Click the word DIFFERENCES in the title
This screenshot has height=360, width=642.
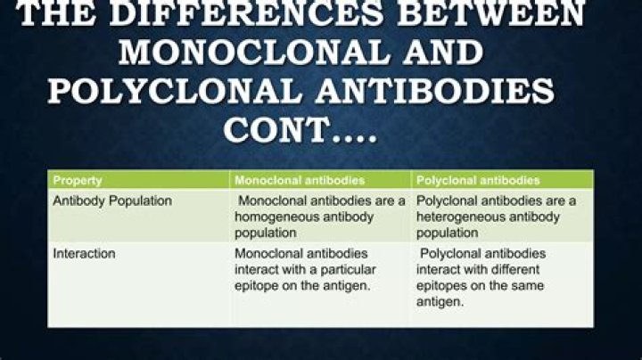[x=247, y=14]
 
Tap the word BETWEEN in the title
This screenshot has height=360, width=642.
[x=491, y=14]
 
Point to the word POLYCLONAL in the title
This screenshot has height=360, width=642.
[x=175, y=90]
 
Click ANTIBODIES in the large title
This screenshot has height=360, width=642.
[x=434, y=90]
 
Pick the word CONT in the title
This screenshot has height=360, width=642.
[x=276, y=130]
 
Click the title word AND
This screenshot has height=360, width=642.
[x=442, y=53]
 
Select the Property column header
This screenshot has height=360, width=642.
[x=78, y=180]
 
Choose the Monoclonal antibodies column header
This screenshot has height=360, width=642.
[x=300, y=180]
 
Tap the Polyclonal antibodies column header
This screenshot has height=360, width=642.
[x=478, y=180]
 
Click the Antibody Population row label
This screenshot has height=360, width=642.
[x=112, y=200]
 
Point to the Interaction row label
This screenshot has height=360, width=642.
[x=84, y=254]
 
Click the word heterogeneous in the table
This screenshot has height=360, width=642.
[x=456, y=217]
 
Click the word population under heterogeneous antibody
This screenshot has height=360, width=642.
[x=447, y=233]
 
